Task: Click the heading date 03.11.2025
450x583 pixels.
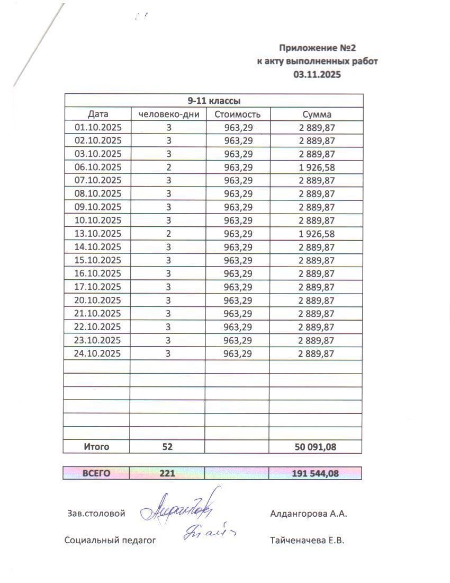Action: [x=317, y=75]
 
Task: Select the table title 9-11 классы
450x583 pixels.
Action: [x=214, y=101]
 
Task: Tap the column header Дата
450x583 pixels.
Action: [x=98, y=114]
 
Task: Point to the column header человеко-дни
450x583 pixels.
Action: [x=168, y=114]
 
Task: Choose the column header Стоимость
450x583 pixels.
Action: [x=238, y=114]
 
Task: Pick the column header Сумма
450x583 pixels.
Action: [x=317, y=114]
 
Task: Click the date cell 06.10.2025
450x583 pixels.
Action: [x=98, y=167]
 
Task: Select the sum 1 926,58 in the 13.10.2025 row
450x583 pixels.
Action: [x=317, y=234]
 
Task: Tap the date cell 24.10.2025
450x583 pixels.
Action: [x=98, y=354]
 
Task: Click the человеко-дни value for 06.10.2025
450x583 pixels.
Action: [x=168, y=167]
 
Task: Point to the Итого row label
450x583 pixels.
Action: [x=96, y=447]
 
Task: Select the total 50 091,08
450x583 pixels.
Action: [x=315, y=447]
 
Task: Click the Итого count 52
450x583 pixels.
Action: [x=168, y=447]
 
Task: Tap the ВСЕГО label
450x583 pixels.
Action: [x=96, y=473]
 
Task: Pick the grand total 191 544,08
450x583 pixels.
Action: [x=315, y=473]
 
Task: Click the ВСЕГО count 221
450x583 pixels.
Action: [x=168, y=473]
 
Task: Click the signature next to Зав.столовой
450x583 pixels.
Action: [x=180, y=509]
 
